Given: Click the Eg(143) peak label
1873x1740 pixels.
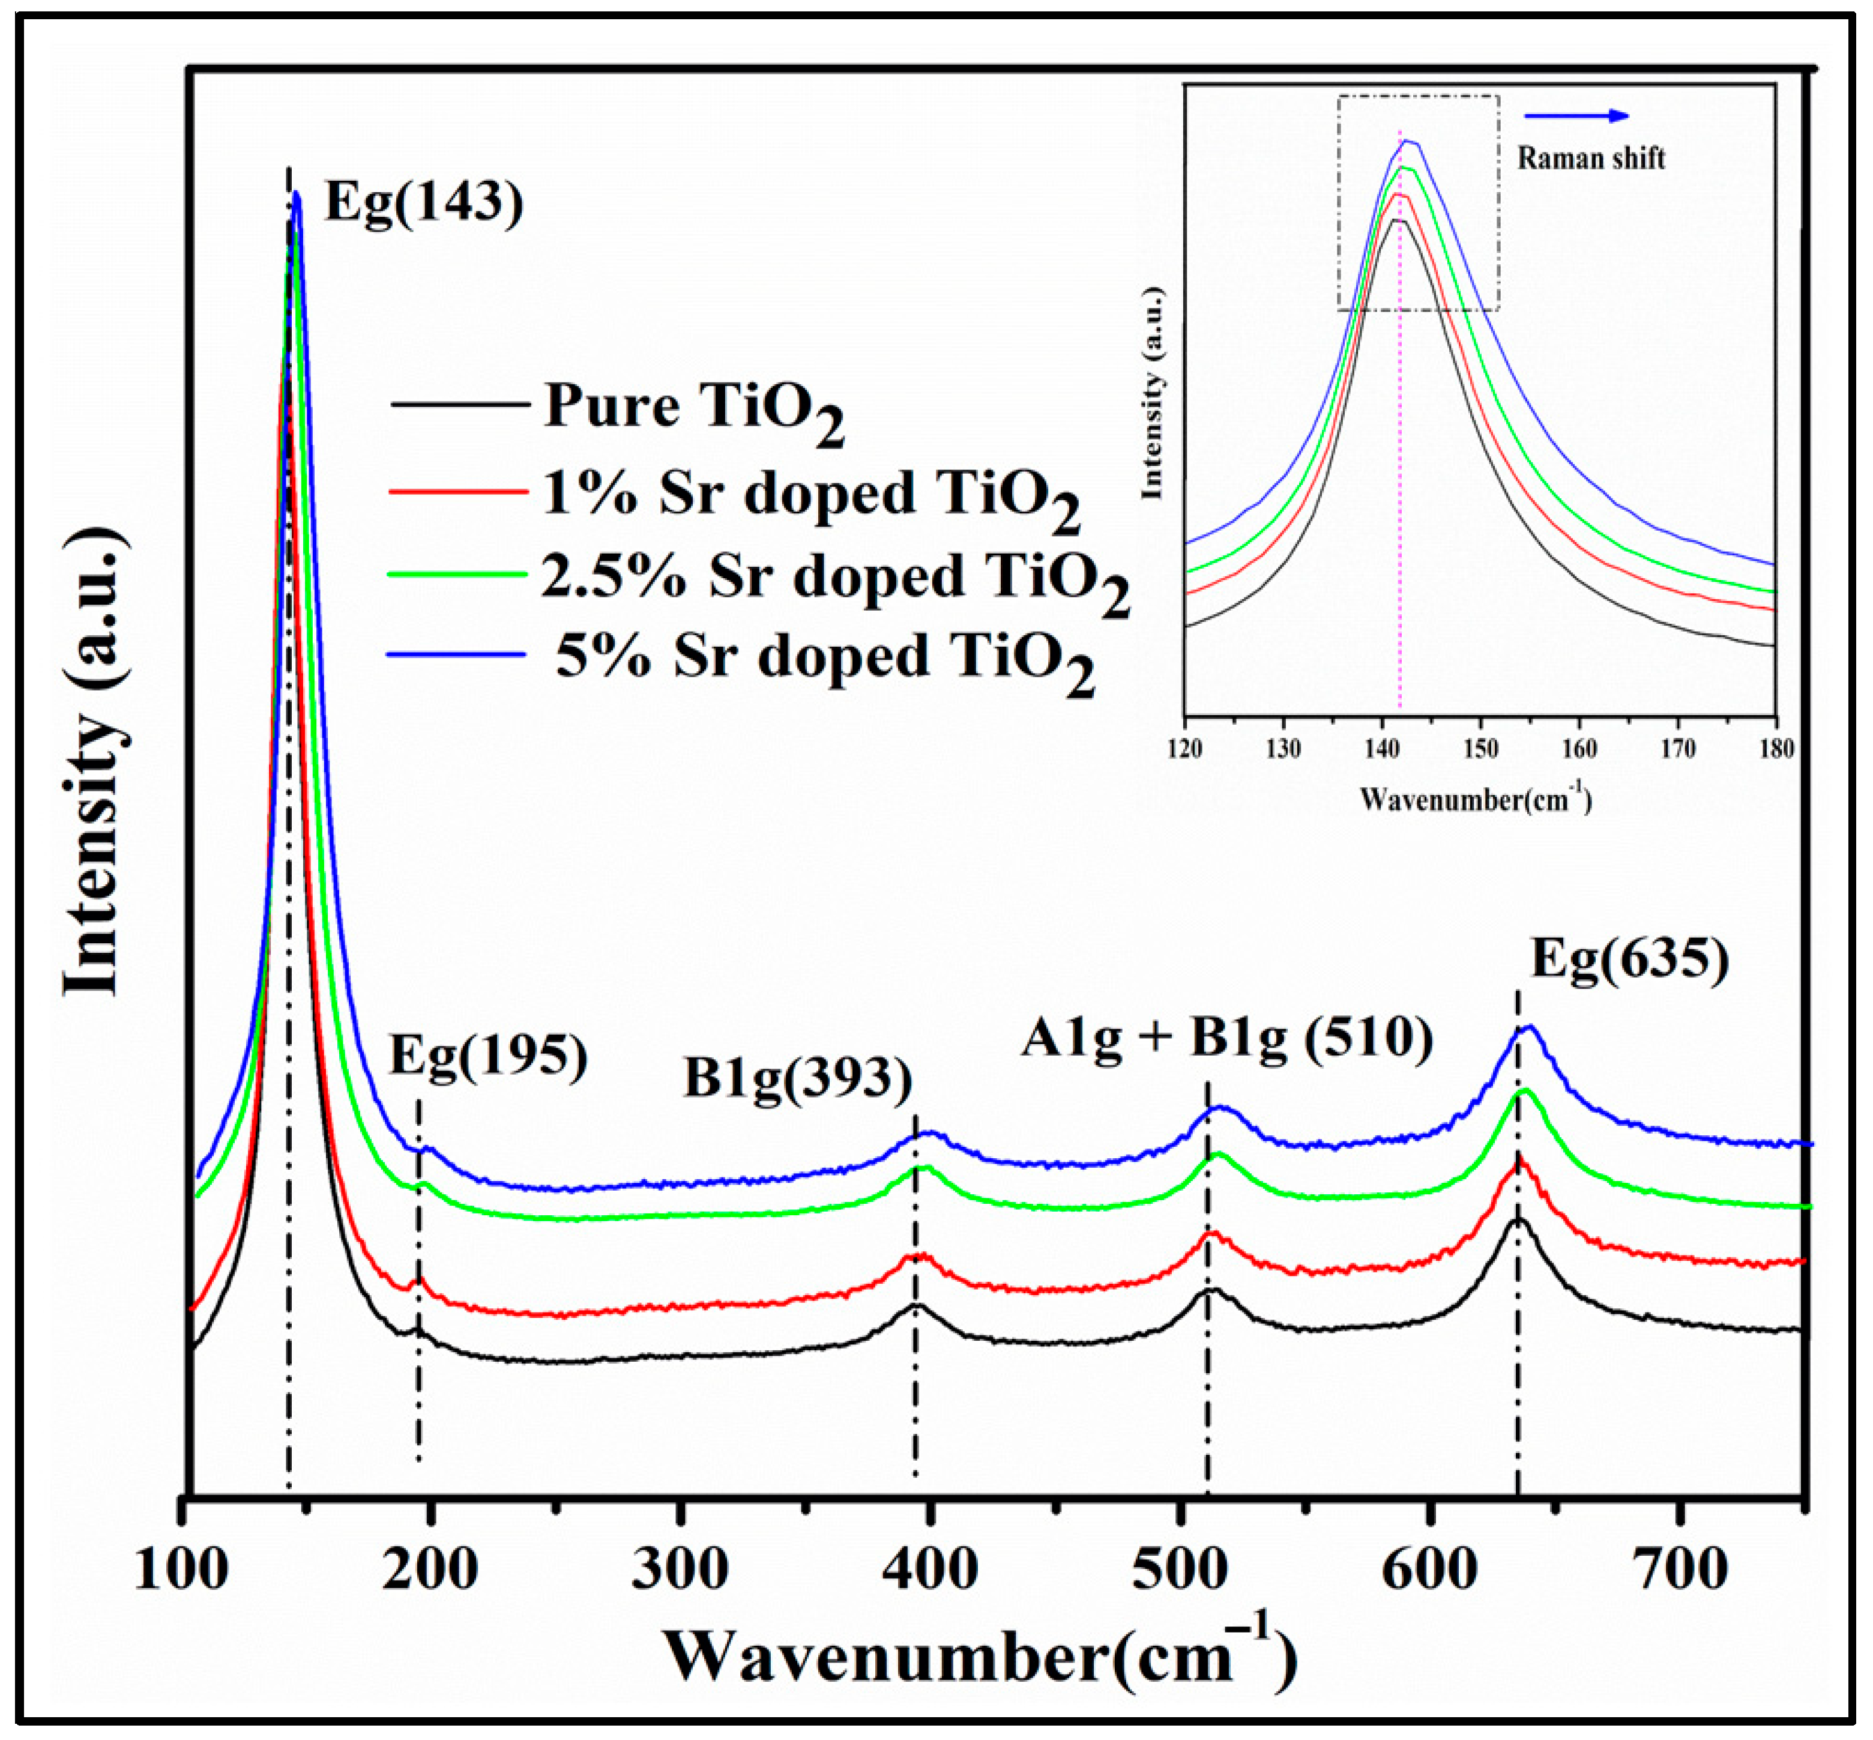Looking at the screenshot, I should (x=424, y=202).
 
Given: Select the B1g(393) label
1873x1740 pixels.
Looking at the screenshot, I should (x=797, y=1079).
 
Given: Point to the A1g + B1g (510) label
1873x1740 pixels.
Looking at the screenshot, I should (x=1226, y=1039).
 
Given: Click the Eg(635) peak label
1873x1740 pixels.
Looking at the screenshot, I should (x=1630, y=961).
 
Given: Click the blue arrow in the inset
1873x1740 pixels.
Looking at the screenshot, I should (x=1576, y=116).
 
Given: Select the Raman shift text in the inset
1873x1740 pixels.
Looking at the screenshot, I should (x=1591, y=158).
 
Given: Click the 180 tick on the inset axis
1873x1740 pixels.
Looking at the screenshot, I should (x=1775, y=749).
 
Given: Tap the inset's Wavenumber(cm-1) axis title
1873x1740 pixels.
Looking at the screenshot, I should (x=1475, y=799).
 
